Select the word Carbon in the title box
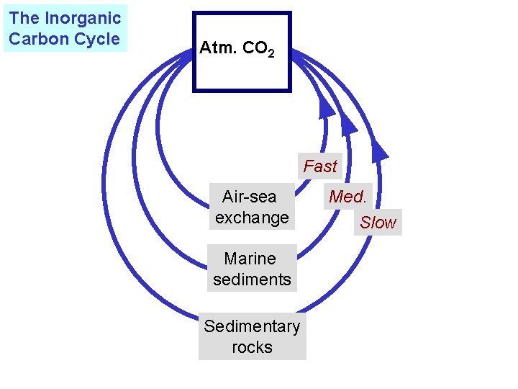36,39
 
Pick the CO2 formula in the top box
258,49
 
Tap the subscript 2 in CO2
271,53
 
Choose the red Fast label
319,166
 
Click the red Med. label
347,196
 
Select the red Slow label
378,223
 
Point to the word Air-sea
250,196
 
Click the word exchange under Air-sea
252,217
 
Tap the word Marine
250,258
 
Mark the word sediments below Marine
252,279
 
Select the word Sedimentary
252,326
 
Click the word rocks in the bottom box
252,347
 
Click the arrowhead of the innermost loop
326,107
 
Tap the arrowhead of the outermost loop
378,149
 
